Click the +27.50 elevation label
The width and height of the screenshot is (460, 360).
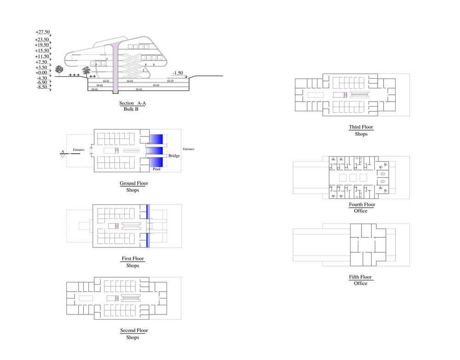(42, 32)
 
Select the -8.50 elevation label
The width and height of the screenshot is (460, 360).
(41, 87)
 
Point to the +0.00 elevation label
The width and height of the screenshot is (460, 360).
(41, 73)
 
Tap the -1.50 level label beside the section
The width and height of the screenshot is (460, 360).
(178, 73)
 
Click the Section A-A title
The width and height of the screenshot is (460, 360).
(132, 103)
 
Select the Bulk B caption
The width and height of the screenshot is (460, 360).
(131, 110)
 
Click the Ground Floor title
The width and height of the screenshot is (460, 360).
(134, 183)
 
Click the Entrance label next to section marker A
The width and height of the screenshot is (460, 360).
(79, 149)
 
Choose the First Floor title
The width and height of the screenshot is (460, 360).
(132, 259)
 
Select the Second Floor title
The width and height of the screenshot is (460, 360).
(134, 331)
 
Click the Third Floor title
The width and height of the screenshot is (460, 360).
(361, 127)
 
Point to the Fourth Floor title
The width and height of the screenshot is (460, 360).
(362, 205)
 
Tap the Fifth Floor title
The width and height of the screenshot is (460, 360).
(360, 277)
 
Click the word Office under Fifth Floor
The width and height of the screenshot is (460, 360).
(361, 284)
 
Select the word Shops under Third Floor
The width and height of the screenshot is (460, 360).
(361, 134)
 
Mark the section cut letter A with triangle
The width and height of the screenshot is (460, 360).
(62, 153)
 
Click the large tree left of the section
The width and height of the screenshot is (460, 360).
(59, 70)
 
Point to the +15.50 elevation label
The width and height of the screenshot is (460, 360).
(42, 51)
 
